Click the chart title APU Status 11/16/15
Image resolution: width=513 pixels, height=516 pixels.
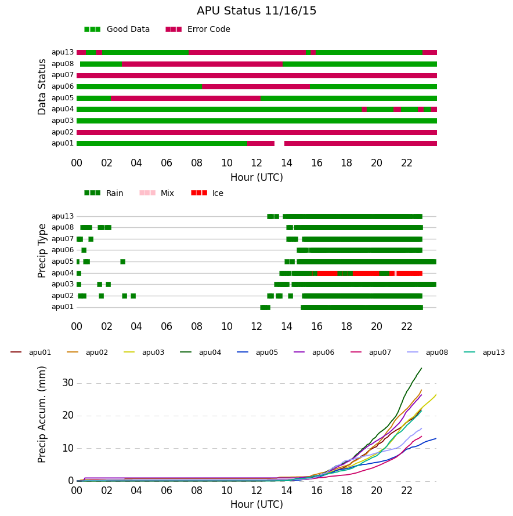click(x=256, y=11)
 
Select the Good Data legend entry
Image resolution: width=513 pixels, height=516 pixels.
click(x=117, y=30)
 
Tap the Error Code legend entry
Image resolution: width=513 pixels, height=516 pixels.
click(x=198, y=30)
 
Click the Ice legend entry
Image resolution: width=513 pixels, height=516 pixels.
click(x=207, y=193)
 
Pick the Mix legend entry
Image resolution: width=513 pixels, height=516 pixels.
click(x=157, y=193)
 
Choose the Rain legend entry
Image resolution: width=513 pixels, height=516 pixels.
click(x=104, y=193)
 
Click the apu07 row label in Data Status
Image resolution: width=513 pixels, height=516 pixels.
click(x=63, y=75)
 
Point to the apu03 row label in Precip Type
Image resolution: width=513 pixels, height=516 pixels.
click(x=63, y=284)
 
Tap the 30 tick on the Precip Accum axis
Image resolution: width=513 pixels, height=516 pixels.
click(x=68, y=383)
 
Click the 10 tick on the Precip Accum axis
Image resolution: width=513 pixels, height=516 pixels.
click(x=68, y=448)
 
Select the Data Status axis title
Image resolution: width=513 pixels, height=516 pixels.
click(x=42, y=87)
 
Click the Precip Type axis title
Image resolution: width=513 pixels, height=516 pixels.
click(x=42, y=251)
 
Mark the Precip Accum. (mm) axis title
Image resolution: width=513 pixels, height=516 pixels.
click(x=42, y=415)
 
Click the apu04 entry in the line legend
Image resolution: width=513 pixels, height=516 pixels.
click(x=201, y=353)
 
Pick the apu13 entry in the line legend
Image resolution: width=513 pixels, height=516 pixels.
click(x=485, y=353)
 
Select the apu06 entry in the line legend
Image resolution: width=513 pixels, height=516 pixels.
click(x=314, y=353)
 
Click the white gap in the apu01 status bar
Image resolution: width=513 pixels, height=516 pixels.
click(x=279, y=143)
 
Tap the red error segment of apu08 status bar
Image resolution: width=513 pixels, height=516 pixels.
click(x=202, y=64)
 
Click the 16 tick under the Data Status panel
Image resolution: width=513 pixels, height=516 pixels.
click(x=317, y=163)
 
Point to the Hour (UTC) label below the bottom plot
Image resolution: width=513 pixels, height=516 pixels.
click(x=256, y=504)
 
